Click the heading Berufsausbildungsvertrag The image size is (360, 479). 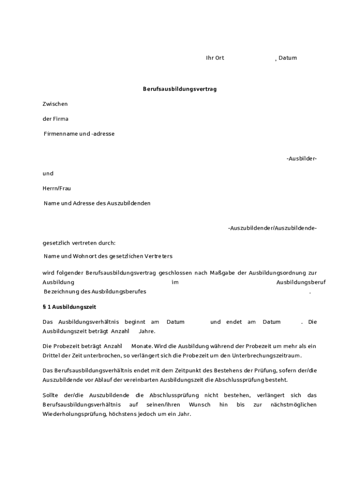tap(180, 89)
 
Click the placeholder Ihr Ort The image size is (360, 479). tap(215, 58)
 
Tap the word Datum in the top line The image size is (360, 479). tap(288, 58)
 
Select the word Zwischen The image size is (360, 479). tap(55, 104)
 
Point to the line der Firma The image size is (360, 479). tap(55, 119)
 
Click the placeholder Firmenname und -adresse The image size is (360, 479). tap(79, 134)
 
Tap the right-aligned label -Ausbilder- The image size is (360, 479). tap(302, 159)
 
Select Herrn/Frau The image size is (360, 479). tap(57, 189)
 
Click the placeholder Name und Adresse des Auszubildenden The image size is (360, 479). tap(97, 203)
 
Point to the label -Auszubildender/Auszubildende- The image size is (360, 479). tap(272, 228)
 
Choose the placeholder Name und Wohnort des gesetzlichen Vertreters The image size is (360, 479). tap(108, 256)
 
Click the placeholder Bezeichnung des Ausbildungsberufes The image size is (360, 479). tap(95, 292)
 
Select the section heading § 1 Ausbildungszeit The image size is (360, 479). tap(69, 307)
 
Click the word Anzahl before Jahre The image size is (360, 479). tap(120, 331)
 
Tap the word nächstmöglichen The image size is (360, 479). tap(294, 405)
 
